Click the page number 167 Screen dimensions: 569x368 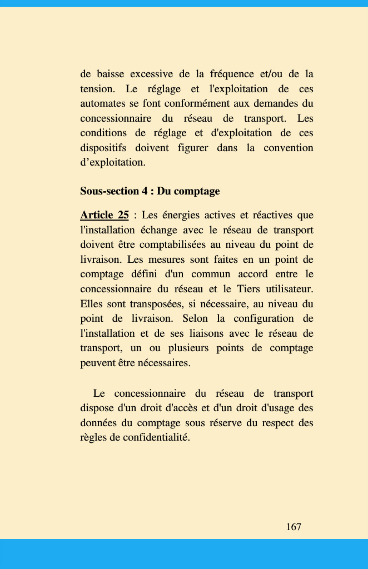pyautogui.click(x=294, y=527)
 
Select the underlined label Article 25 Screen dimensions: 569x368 pyautogui.click(x=105, y=215)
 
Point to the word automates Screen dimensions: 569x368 pyautogui.click(x=101, y=103)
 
